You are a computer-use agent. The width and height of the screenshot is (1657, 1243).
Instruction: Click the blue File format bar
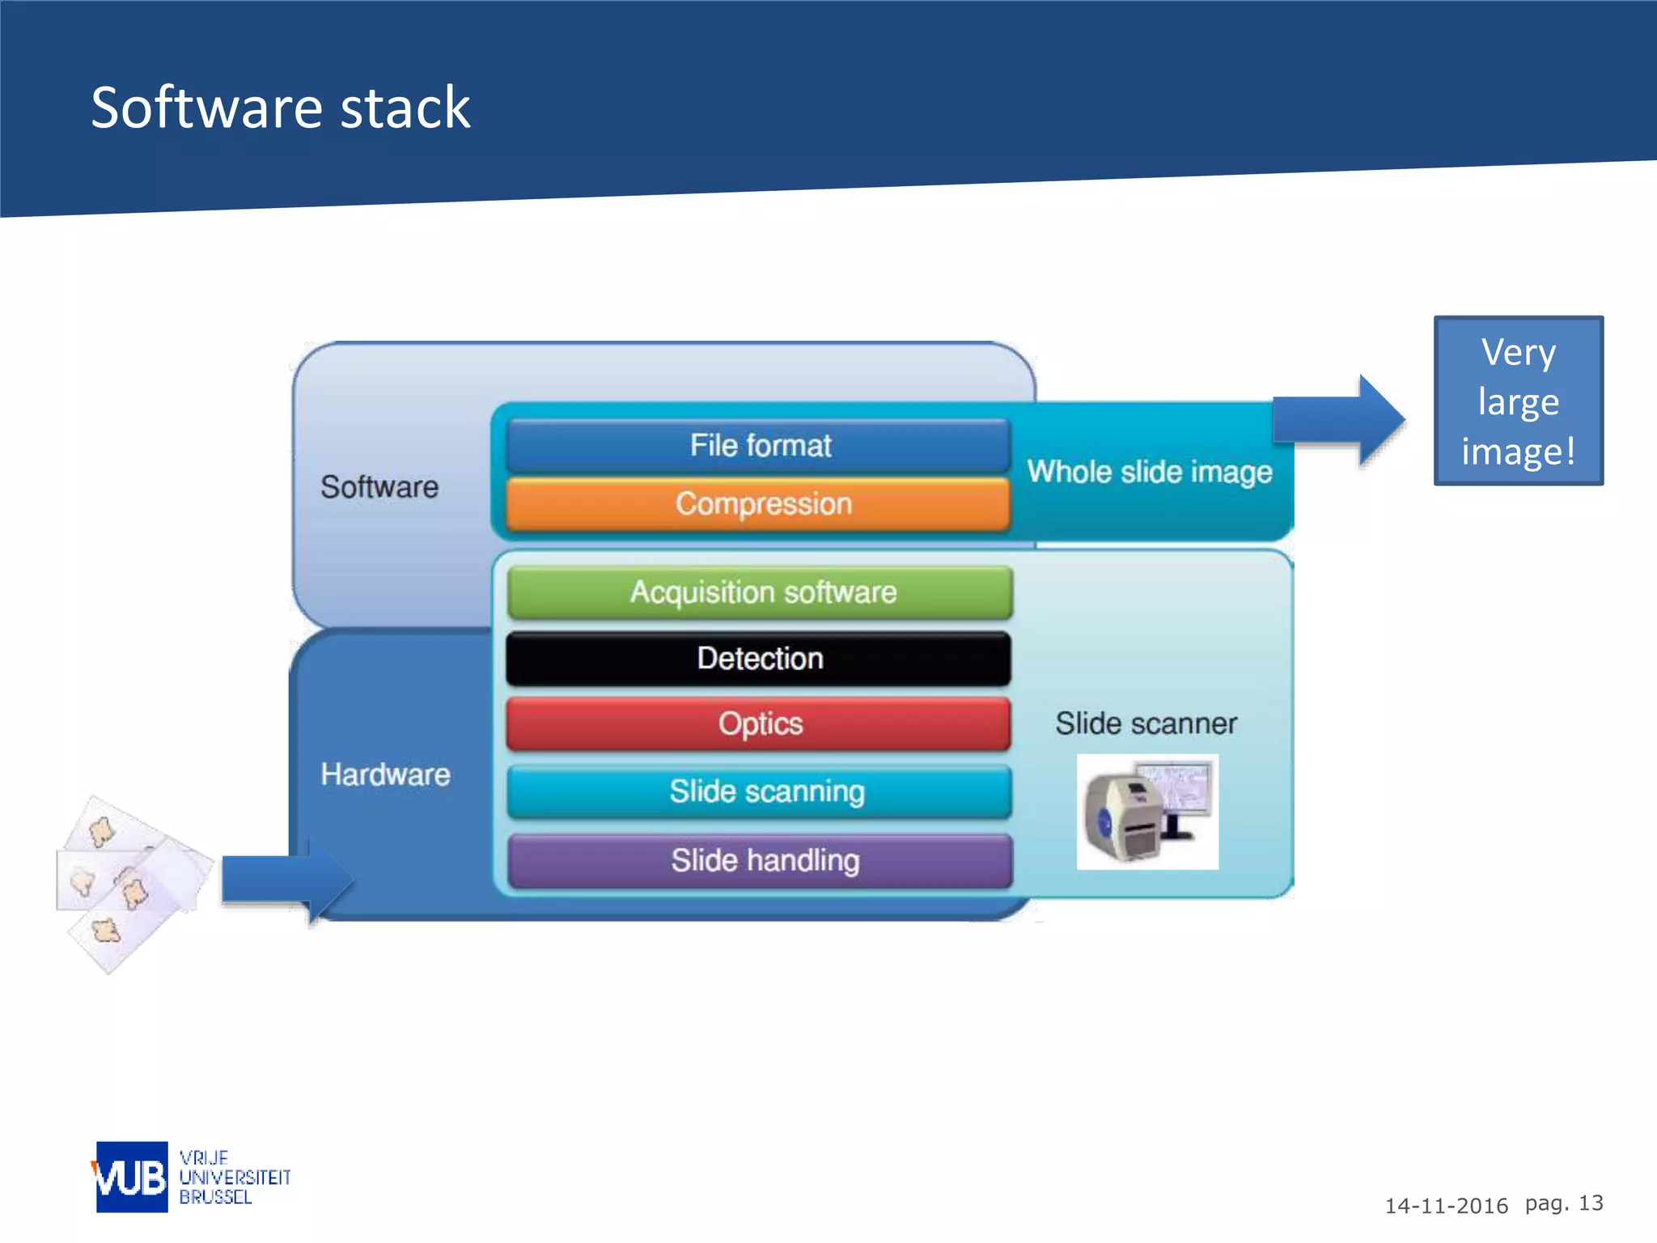tap(759, 445)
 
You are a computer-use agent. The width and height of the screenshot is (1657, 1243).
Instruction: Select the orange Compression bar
tap(759, 504)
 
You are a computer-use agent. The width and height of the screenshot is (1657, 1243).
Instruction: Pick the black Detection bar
tap(759, 659)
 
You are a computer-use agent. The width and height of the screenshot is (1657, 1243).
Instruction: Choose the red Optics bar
tap(759, 723)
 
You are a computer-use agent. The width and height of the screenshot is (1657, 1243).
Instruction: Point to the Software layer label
tap(379, 487)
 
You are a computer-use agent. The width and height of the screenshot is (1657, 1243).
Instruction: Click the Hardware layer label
tap(385, 774)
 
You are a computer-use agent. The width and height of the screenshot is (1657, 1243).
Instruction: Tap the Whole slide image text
tap(1149, 472)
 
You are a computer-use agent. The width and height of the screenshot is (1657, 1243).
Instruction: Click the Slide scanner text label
tap(1146, 723)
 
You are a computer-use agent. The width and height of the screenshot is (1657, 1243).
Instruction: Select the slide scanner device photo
tap(1147, 812)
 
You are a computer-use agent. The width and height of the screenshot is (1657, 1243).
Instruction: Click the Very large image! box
tap(1518, 401)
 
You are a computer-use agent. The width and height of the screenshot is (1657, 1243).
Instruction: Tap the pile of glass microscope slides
tap(129, 882)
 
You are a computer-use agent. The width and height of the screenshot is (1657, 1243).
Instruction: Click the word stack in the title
tap(405, 108)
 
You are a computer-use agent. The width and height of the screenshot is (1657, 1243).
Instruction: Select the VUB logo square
tap(132, 1177)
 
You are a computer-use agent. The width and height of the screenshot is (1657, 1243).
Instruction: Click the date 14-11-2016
tap(1446, 1206)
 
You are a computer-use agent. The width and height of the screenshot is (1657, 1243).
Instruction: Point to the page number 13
tap(1591, 1203)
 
